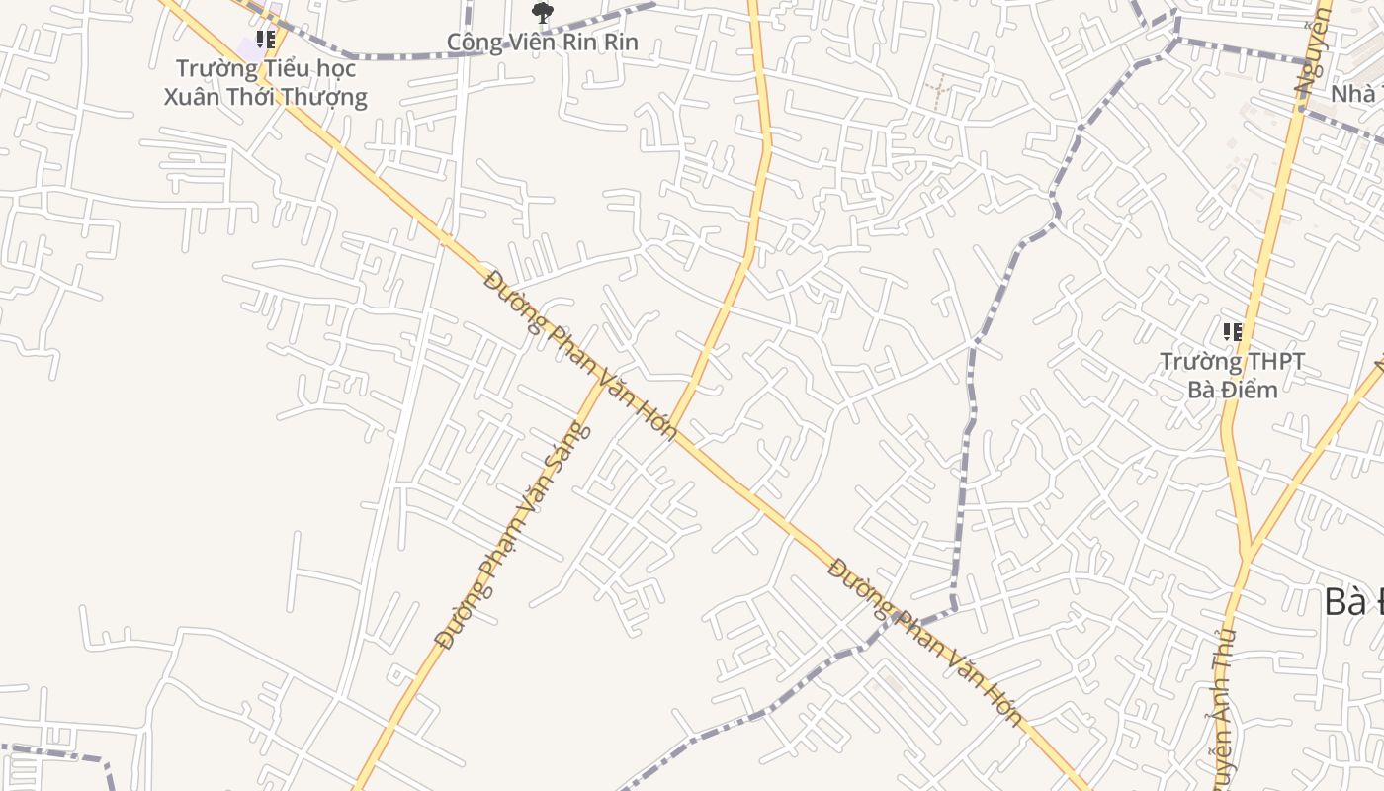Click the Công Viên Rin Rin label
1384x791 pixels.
click(x=542, y=43)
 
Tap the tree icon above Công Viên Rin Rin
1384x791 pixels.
click(x=542, y=13)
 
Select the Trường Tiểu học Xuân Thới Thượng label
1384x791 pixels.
click(x=265, y=83)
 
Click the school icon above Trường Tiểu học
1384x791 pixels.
click(x=265, y=40)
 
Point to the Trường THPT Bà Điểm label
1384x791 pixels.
click(x=1232, y=376)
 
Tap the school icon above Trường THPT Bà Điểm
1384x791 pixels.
click(x=1232, y=332)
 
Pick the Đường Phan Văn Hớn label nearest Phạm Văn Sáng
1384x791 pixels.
click(x=581, y=355)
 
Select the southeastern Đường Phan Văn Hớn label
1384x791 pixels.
click(x=924, y=642)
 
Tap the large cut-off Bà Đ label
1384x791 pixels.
click(x=1352, y=601)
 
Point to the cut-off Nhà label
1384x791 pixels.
click(x=1354, y=94)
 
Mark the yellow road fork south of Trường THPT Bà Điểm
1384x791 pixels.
click(x=1248, y=551)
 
